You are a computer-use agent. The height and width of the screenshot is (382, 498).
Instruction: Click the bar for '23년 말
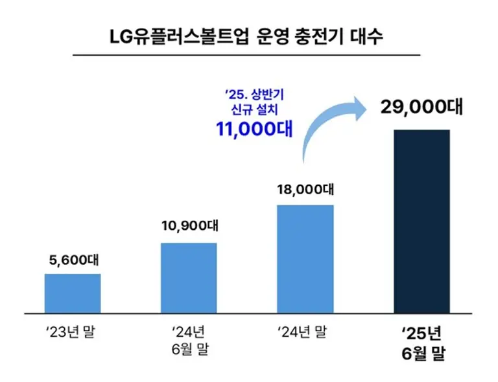pyautogui.click(x=73, y=293)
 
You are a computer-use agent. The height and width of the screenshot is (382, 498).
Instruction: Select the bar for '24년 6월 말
pyautogui.click(x=189, y=277)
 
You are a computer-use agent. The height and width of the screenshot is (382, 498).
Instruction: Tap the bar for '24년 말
pyautogui.click(x=305, y=258)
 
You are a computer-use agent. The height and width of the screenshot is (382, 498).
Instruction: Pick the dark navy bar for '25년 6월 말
pyautogui.click(x=421, y=221)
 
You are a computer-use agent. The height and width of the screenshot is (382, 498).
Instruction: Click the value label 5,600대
pyautogui.click(x=73, y=261)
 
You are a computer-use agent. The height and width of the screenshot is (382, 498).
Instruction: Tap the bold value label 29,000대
pyautogui.click(x=421, y=107)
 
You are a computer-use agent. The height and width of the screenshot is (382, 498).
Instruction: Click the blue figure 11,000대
pyautogui.click(x=254, y=127)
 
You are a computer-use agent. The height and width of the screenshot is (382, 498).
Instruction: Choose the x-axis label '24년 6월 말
pyautogui.click(x=189, y=341)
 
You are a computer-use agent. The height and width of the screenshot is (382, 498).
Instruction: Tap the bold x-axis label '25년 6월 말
pyautogui.click(x=421, y=343)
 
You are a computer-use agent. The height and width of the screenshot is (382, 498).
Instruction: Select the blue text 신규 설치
pyautogui.click(x=254, y=108)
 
